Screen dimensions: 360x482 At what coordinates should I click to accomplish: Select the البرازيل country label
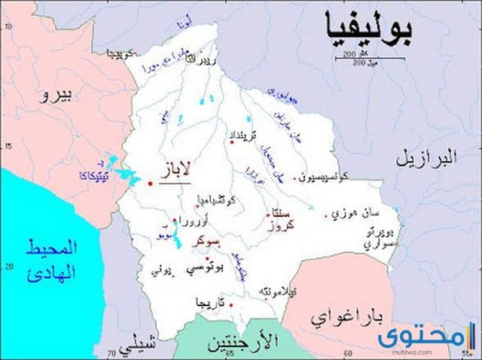[426, 158]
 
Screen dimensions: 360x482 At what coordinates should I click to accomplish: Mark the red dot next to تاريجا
[230, 305]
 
